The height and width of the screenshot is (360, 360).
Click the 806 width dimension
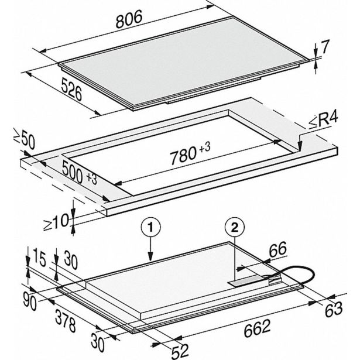coord(129,19)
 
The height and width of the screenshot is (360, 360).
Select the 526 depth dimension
coord(71,89)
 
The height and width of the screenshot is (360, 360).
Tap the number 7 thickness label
coord(325,47)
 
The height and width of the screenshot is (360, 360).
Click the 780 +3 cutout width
coord(190,153)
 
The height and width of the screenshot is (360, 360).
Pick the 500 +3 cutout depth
coord(80,172)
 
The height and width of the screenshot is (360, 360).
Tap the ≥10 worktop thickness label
coord(56,222)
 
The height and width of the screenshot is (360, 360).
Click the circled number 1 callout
coord(150,228)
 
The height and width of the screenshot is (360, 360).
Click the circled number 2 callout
coord(235,228)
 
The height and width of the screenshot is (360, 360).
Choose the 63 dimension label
coord(334,309)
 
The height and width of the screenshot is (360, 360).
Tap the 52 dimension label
coord(180,351)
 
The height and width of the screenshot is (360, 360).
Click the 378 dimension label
coord(65,321)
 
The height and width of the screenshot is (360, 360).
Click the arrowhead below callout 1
coord(150,256)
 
